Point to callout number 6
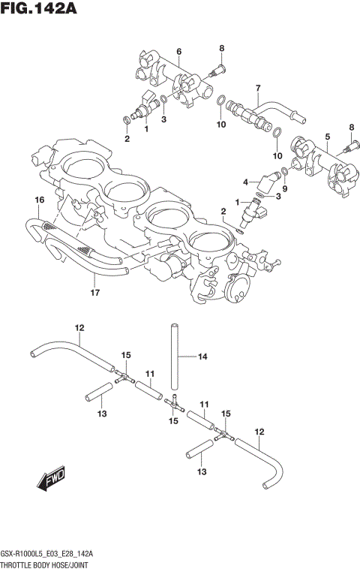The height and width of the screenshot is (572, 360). pos(178,51)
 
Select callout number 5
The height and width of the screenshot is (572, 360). pos(327,136)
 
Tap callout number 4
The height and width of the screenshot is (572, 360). pos(245,181)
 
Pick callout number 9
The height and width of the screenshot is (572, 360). pos(284,190)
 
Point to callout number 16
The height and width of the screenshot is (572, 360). pos(39,199)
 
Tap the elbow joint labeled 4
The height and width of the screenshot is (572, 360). pos(265,182)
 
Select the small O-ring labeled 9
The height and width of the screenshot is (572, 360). pos(285,177)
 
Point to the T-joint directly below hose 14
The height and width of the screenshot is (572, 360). pos(174,404)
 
